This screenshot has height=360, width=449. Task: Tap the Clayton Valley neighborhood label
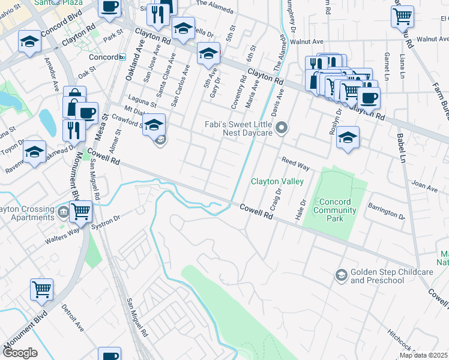coord(277,181)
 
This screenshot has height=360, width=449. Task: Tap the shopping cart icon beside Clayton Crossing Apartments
coord(80,211)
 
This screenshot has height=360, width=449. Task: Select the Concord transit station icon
coord(122,57)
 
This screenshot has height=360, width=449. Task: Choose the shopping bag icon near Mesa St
coord(74,97)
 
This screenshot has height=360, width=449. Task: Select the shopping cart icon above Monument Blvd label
coord(41,289)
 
